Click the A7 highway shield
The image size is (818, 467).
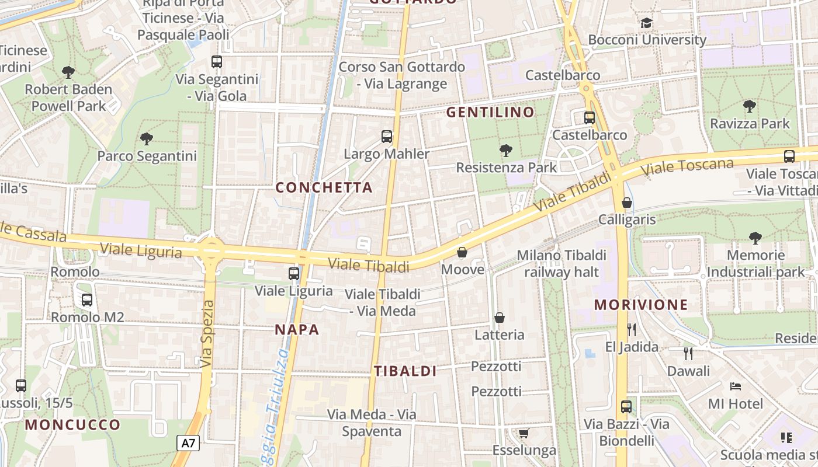[188, 443]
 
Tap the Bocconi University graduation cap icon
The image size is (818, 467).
[646, 23]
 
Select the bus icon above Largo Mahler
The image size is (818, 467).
[387, 137]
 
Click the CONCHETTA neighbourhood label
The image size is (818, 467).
[324, 187]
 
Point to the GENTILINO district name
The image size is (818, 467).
[491, 112]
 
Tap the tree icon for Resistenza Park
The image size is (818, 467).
[506, 151]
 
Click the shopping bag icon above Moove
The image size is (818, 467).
[462, 252]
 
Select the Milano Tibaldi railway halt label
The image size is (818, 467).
[561, 263]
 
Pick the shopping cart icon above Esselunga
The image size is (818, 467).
[524, 433]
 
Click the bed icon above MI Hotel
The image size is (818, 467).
[735, 386]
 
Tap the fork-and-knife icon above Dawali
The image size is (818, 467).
[688, 353]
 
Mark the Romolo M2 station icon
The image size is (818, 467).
[87, 300]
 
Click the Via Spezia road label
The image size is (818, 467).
[207, 334]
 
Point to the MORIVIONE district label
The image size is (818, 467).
[641, 305]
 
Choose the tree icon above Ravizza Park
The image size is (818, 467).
[750, 106]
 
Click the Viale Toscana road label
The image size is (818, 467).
[687, 168]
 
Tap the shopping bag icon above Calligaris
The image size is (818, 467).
[627, 203]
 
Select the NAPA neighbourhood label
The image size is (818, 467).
[297, 330]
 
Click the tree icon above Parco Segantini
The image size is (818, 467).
[147, 139]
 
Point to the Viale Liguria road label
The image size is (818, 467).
[140, 250]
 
